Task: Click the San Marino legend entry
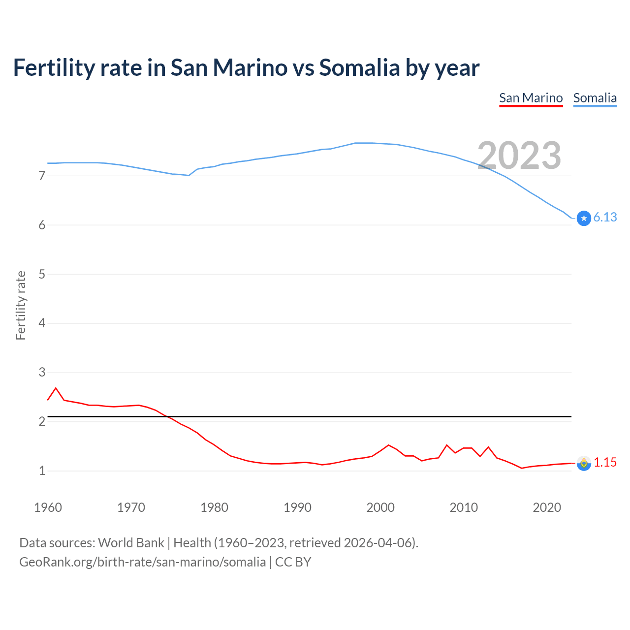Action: [x=531, y=98]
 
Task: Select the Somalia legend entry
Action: [x=595, y=98]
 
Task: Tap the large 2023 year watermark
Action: [x=519, y=156]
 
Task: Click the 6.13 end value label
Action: [x=605, y=217]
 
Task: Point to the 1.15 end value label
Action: [x=605, y=462]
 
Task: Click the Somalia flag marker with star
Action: [x=584, y=218]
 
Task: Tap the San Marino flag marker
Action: [x=584, y=463]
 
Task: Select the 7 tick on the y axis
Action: [x=42, y=176]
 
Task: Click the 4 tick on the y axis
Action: [x=42, y=323]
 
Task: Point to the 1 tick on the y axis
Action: [x=42, y=471]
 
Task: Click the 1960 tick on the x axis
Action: [x=48, y=507]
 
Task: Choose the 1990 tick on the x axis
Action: [x=297, y=507]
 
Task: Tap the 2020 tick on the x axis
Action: [x=547, y=507]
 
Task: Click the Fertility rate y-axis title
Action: [x=21, y=305]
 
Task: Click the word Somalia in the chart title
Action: [x=359, y=67]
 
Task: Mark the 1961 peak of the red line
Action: [x=56, y=388]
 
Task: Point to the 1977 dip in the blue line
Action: [x=189, y=175]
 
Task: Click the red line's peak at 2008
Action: [x=447, y=445]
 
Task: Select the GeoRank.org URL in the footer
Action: [x=142, y=562]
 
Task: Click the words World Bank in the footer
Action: [x=131, y=542]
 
